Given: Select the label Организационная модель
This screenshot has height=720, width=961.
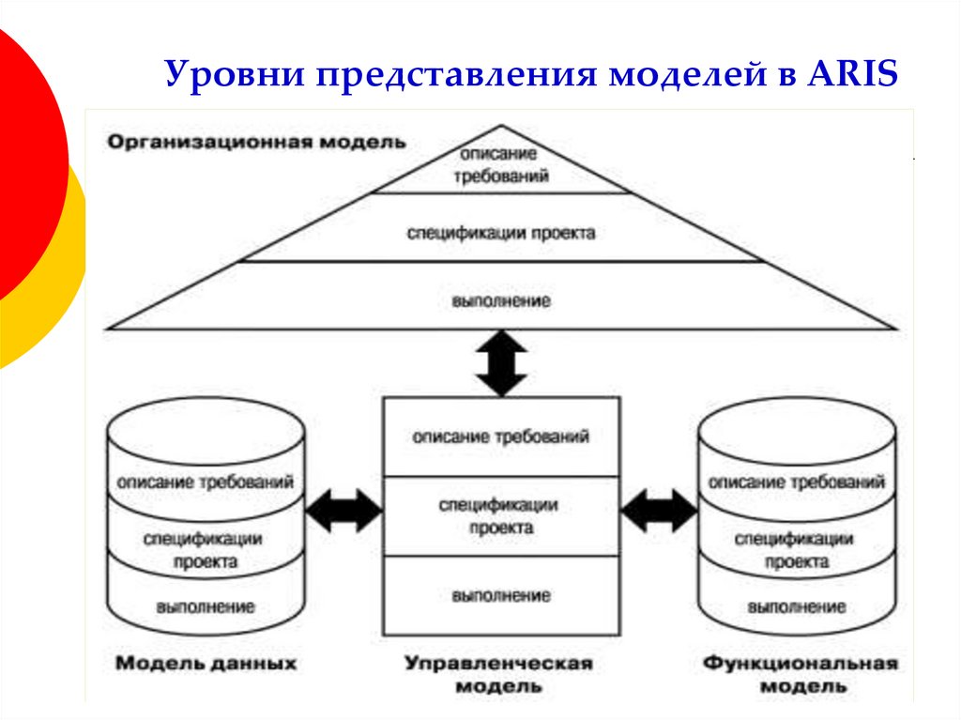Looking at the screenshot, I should (x=256, y=143).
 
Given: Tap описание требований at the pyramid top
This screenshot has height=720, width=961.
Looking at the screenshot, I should (x=500, y=163).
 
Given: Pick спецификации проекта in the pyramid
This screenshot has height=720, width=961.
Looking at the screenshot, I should (x=500, y=232).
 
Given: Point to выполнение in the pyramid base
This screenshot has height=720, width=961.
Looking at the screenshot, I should (x=500, y=301).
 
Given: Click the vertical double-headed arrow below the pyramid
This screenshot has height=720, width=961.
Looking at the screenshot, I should (x=501, y=363).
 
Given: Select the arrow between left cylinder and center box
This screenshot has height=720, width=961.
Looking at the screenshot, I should (x=344, y=511).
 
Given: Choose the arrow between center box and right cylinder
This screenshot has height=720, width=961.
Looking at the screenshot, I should (x=659, y=511).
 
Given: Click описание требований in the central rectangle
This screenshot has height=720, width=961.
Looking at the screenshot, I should (x=500, y=437).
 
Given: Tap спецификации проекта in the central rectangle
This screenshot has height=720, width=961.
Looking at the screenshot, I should (x=500, y=516).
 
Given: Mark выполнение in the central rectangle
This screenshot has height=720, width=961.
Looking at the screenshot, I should (x=500, y=595).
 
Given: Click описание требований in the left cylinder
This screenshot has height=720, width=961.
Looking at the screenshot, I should (x=206, y=482).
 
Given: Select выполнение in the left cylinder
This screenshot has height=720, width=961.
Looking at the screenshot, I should (x=206, y=606).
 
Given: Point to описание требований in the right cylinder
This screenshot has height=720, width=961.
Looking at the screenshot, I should (x=797, y=482).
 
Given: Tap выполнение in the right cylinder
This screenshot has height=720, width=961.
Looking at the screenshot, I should (x=797, y=606).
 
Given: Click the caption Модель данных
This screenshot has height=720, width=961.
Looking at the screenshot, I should (x=206, y=664).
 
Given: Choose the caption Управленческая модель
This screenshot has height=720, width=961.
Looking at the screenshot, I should (x=499, y=674).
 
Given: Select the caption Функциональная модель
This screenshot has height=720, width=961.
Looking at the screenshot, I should (x=800, y=674).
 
